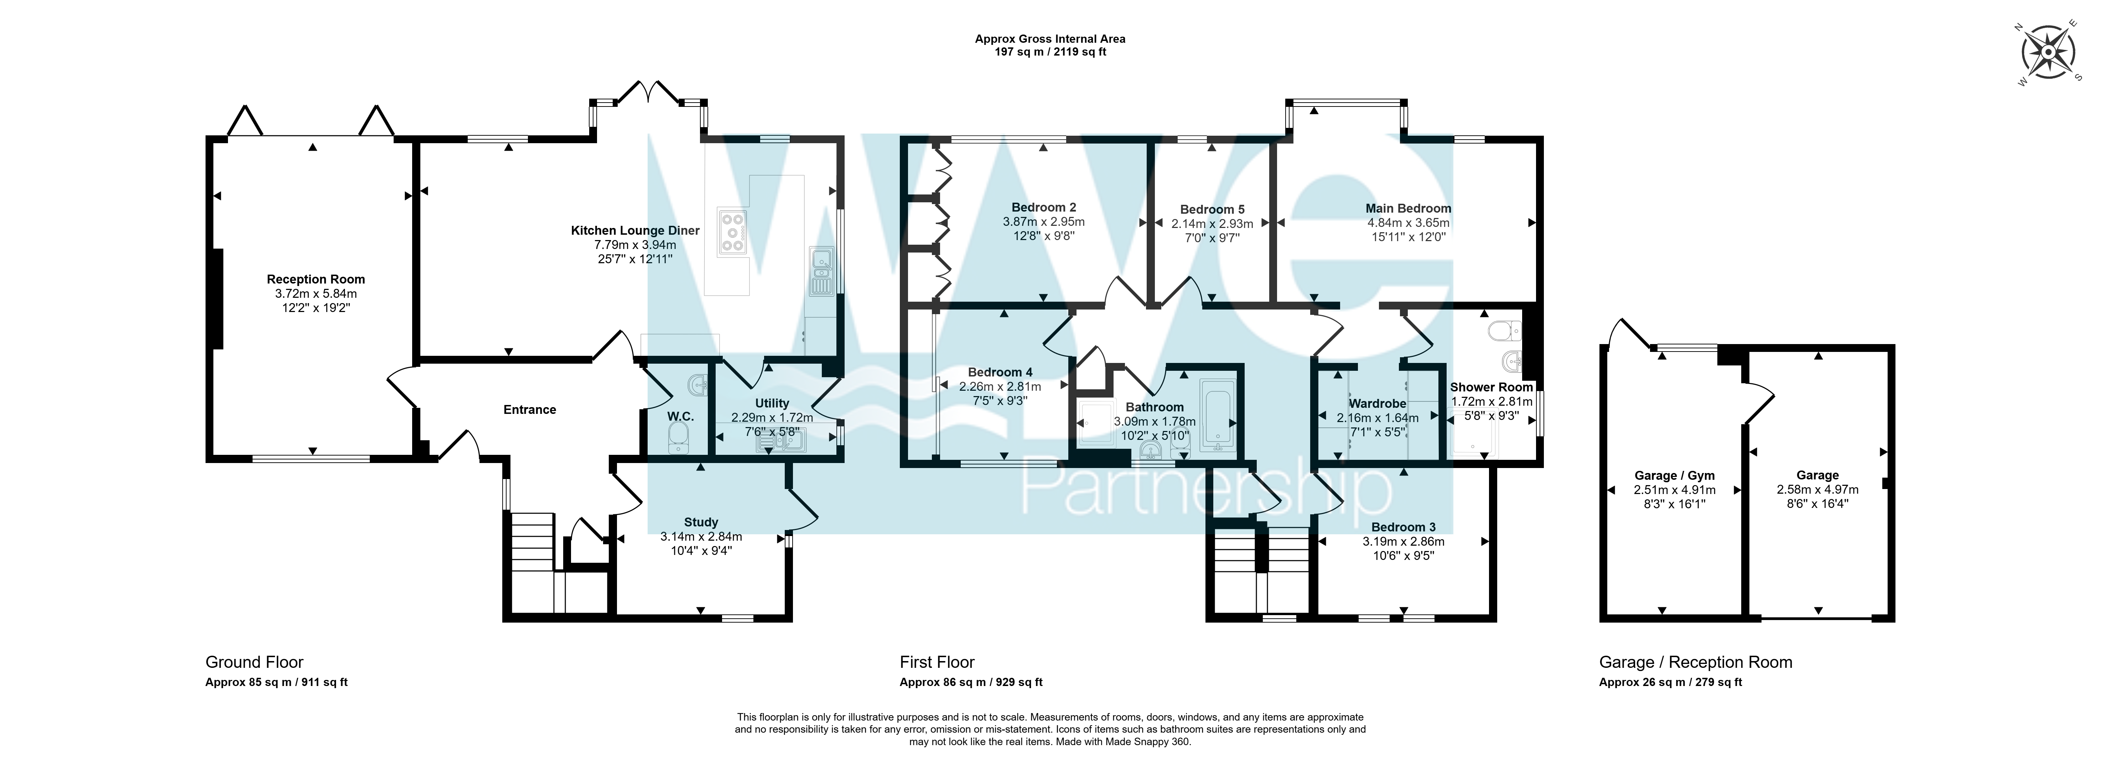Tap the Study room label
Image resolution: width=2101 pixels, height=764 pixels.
pos(701,522)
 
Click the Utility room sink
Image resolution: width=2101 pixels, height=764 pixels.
pos(781,442)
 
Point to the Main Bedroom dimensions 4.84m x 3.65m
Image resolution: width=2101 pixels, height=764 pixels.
pos(1409,223)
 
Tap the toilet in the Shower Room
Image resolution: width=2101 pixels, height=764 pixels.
pos(1503,330)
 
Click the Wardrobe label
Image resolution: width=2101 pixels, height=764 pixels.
pos(1378,404)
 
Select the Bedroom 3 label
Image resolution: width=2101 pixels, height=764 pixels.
pos(1404,527)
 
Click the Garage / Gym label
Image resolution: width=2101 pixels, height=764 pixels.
pos(1675,475)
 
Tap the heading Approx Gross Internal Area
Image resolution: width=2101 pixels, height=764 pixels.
pos(1050,38)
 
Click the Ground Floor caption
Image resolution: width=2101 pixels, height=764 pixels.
pos(254,662)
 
